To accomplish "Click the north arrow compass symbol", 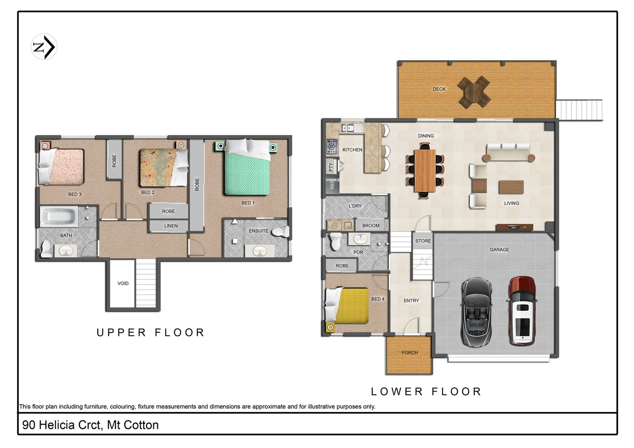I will pos(44,47).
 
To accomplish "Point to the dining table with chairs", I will pos(425,170).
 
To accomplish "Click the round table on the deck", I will pos(474,91).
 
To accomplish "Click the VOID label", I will pos(123,283).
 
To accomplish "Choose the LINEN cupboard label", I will pos(171,226).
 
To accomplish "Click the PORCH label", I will pos(409,353).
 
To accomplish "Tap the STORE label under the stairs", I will pos(423,241).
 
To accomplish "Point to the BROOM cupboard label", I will pos(371,226).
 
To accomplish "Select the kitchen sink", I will pos(347,128).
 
